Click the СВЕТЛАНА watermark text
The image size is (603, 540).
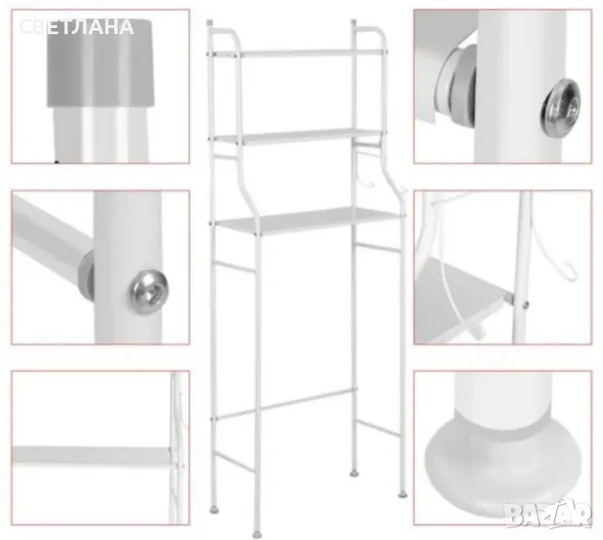point(76,27)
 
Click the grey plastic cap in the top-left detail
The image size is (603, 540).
point(101,63)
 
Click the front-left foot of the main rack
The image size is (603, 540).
point(257,534)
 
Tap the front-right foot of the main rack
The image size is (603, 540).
point(403,493)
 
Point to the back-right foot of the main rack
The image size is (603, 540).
point(354,472)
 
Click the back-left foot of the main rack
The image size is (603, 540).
point(214,510)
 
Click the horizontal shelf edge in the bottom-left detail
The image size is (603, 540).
point(92,454)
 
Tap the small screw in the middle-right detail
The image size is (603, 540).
point(525,305)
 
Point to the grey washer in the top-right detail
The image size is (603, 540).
point(457,81)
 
